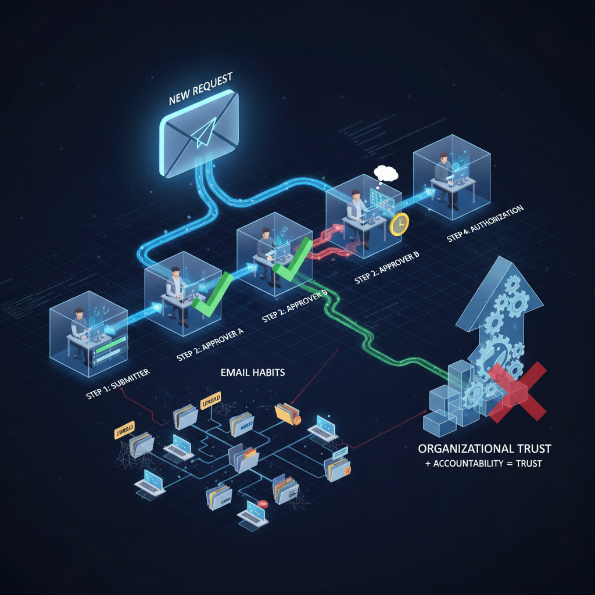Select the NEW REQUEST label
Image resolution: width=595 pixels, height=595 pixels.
pyautogui.click(x=200, y=89)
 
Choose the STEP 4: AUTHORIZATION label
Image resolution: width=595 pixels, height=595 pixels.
pyautogui.click(x=485, y=223)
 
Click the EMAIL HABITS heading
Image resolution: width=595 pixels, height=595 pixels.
pyautogui.click(x=253, y=372)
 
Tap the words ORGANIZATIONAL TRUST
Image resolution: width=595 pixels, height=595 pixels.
pyautogui.click(x=485, y=449)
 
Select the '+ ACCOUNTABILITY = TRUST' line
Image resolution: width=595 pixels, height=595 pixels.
pyautogui.click(x=484, y=464)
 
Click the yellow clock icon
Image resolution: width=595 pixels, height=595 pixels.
pyautogui.click(x=400, y=224)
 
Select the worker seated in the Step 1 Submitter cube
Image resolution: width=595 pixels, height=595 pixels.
pyautogui.click(x=80, y=327)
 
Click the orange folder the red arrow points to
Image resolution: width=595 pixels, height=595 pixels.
pyautogui.click(x=288, y=414)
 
